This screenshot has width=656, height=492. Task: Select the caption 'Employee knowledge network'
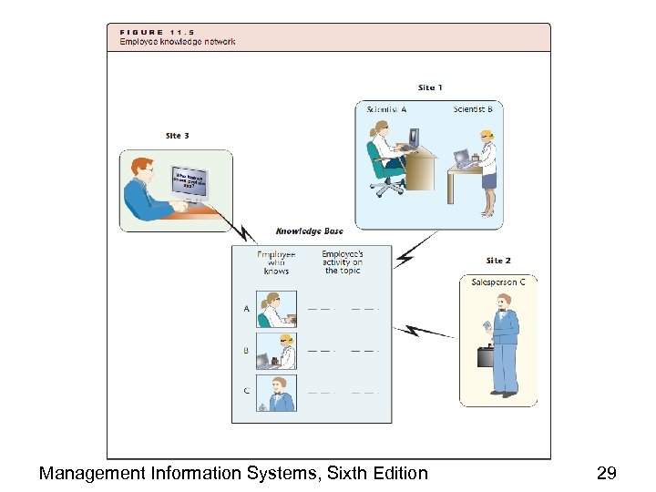178,42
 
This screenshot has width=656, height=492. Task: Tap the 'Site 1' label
430,87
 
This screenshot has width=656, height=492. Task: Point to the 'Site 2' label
498,261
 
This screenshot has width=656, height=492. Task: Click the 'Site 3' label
178,136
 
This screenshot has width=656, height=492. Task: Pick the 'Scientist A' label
386,109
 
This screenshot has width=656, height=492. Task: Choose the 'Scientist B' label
473,109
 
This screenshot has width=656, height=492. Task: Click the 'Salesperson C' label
498,282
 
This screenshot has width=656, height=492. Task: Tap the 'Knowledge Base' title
310,231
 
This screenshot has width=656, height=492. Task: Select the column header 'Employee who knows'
276,262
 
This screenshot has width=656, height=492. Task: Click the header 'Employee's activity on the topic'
343,262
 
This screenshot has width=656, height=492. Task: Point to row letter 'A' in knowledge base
246,309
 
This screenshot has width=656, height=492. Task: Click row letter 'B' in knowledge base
246,350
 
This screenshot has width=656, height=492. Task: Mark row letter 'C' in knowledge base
246,391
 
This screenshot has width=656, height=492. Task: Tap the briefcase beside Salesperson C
486,355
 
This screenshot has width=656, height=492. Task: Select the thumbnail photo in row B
276,350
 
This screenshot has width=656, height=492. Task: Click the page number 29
606,473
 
